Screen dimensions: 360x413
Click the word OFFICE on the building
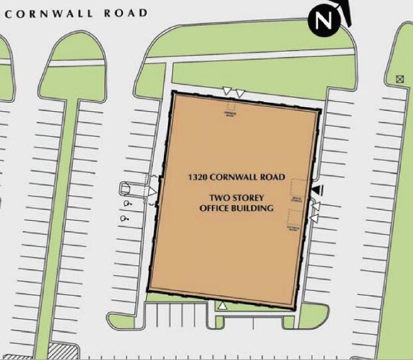pos(217,208)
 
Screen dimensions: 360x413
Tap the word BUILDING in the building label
pos(255,208)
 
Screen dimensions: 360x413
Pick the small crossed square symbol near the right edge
pos(399,78)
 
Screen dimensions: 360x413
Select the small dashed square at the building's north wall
pos(230,108)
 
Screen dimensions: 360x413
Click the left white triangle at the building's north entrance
pos(227,90)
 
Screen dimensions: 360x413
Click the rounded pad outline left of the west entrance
pos(127,189)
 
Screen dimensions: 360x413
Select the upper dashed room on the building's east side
pos(297,190)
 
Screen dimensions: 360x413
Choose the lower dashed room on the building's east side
pos(295,221)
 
